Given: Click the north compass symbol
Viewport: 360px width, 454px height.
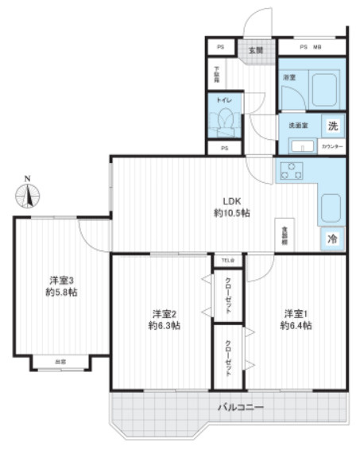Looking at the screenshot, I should tap(29, 193).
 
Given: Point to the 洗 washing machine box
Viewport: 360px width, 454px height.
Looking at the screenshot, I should tap(334, 126).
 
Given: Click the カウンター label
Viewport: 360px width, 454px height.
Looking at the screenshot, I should tap(332, 147).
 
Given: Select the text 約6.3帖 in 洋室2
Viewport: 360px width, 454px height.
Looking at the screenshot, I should tap(163, 326).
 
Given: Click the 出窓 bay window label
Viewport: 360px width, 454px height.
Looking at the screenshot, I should tap(60, 361).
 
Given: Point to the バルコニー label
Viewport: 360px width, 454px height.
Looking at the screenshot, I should tap(241, 407).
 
